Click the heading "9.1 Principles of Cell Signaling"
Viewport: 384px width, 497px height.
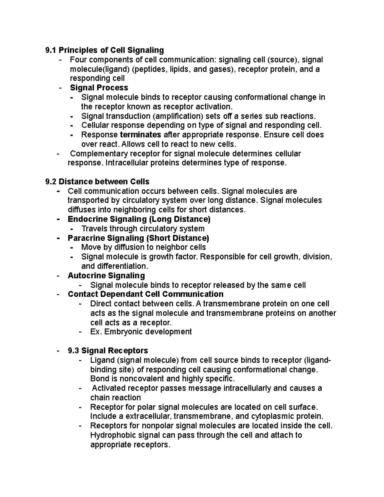(105, 50)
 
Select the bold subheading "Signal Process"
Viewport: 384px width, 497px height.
(99, 88)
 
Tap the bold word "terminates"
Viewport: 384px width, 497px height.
(140, 134)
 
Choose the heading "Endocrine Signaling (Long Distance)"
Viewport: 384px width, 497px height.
(139, 219)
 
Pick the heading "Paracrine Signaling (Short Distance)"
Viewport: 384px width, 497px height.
(138, 238)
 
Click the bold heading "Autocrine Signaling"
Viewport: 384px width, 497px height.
(106, 276)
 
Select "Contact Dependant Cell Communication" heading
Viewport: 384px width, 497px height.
(146, 294)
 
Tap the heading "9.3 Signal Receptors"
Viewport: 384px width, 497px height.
(108, 350)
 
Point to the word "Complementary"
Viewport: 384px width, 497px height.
(99, 154)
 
